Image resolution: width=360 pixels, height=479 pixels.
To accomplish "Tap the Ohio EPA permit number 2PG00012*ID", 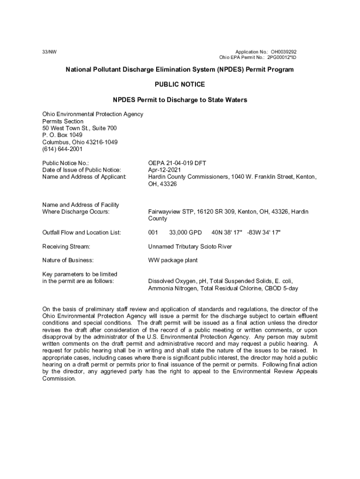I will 282,58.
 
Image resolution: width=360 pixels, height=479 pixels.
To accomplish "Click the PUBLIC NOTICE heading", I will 180,85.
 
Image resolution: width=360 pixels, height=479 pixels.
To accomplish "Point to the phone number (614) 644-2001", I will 62,149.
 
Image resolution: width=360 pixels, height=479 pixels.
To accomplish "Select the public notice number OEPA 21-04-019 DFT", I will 177,163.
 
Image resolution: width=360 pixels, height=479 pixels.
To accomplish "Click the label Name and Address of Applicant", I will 84,177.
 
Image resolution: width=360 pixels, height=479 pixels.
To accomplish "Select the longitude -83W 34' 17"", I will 264,232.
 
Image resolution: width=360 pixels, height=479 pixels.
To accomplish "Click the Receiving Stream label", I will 66,246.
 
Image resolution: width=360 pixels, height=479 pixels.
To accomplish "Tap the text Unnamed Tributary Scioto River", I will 190,246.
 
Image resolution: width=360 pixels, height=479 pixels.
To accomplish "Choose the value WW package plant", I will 173,260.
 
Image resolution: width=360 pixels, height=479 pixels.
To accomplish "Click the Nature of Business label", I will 68,260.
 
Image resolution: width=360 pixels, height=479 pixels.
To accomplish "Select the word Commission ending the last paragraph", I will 58,378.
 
